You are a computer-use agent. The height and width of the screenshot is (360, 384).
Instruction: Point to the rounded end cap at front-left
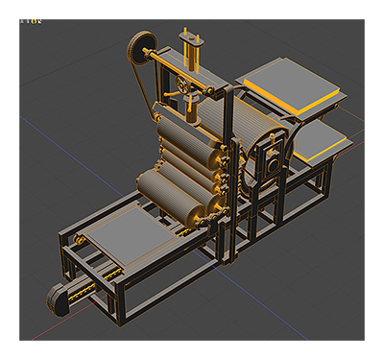point(60,300)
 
